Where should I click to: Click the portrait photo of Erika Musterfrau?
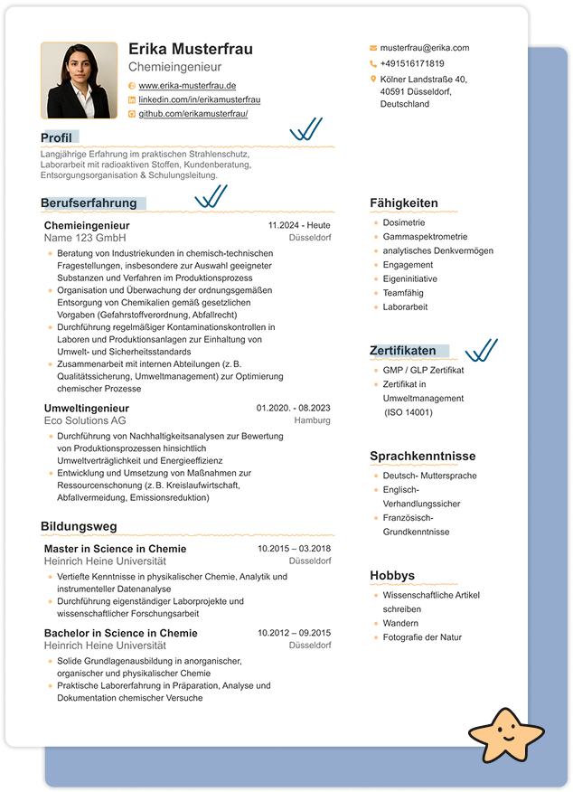(79, 80)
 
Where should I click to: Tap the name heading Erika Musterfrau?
(191, 49)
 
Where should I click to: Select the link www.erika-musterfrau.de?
(187, 85)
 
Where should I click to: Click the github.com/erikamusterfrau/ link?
(193, 114)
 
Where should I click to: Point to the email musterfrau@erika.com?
(425, 48)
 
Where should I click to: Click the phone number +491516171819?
(412, 64)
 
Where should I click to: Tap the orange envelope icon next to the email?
(373, 48)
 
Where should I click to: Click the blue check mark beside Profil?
(305, 131)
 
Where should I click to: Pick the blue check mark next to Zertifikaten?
(481, 351)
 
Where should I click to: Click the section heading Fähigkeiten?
(403, 203)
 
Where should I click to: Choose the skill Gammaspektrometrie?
(425, 236)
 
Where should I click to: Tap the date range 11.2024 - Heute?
(299, 225)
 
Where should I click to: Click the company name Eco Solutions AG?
(85, 420)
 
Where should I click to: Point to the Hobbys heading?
(392, 576)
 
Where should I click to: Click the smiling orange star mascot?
(503, 733)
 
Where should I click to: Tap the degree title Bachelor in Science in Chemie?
(120, 633)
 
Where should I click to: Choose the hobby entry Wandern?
(400, 623)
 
